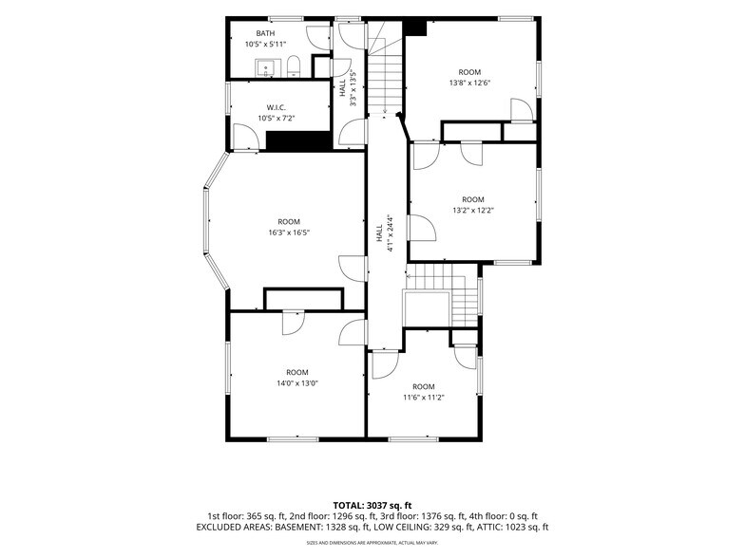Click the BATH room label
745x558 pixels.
265,33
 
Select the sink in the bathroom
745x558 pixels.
266,68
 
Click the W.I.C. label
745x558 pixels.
276,108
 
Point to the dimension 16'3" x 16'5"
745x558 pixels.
289,232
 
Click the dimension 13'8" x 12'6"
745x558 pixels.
469,83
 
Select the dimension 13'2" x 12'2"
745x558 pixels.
473,211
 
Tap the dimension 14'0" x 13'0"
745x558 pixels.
297,383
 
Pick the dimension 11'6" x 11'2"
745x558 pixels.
424,398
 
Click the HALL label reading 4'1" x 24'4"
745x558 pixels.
386,232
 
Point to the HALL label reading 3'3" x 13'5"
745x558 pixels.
348,87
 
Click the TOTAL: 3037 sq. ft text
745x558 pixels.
372,505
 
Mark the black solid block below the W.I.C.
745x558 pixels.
298,141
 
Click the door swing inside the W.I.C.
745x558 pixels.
246,137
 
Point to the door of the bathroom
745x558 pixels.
318,38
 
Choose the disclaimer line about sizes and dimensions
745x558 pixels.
372,543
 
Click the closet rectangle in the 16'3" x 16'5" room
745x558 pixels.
303,299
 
